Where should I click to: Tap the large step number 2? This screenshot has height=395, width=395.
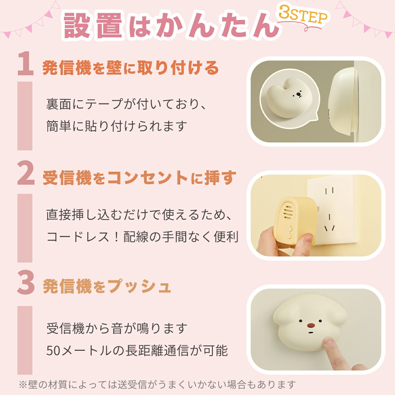pyautogui.click(x=26, y=173)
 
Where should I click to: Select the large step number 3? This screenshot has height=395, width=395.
pyautogui.click(x=26, y=283)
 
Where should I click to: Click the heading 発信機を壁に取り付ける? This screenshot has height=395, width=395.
pyautogui.click(x=131, y=68)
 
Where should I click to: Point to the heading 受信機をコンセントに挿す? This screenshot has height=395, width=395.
pyautogui.click(x=139, y=178)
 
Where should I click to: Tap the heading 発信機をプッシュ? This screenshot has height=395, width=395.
pyautogui.click(x=107, y=287)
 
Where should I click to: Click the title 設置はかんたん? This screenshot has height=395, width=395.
pyautogui.click(x=171, y=26)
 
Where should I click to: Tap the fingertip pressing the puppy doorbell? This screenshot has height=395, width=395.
pyautogui.click(x=329, y=342)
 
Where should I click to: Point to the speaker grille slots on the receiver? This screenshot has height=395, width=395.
pyautogui.click(x=287, y=212)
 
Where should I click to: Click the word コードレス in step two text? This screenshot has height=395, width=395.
pyautogui.click(x=78, y=237)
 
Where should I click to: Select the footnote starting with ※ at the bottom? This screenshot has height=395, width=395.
pyautogui.click(x=157, y=385)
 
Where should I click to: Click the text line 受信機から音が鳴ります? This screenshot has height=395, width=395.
pyautogui.click(x=117, y=328)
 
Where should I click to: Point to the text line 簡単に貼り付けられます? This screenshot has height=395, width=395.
pyautogui.click(x=117, y=126)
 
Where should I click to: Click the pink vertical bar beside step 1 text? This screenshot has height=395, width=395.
pyautogui.click(x=25, y=116)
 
